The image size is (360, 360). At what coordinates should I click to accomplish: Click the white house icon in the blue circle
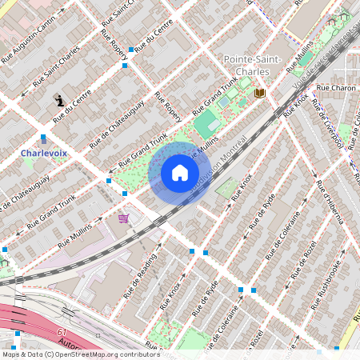tap(180, 173)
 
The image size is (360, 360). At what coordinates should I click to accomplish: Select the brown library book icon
tap(259, 94)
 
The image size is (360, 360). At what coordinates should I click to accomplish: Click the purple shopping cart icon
tap(123, 218)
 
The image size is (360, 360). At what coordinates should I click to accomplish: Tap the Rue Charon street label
tap(335, 87)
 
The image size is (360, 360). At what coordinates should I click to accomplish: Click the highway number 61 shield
tap(62, 332)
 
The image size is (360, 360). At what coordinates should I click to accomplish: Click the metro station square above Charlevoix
tap(43, 138)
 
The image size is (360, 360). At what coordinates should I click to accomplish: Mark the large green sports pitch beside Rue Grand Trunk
tap(205, 122)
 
